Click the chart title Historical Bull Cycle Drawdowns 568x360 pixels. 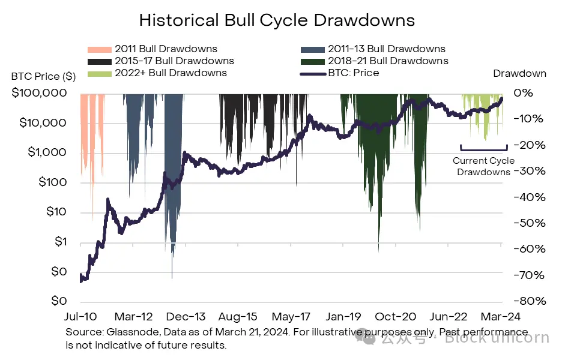point(277,20)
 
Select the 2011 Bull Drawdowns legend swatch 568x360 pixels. point(99,49)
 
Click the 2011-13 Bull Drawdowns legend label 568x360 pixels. point(387,49)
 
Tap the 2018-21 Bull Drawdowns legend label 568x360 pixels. point(388,61)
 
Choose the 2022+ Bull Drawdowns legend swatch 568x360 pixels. point(99,73)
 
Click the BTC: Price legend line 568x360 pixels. point(311,73)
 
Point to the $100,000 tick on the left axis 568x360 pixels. point(38,93)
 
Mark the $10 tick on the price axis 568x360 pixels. point(56,212)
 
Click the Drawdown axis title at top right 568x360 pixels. point(519,73)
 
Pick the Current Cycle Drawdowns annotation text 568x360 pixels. point(483,166)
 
